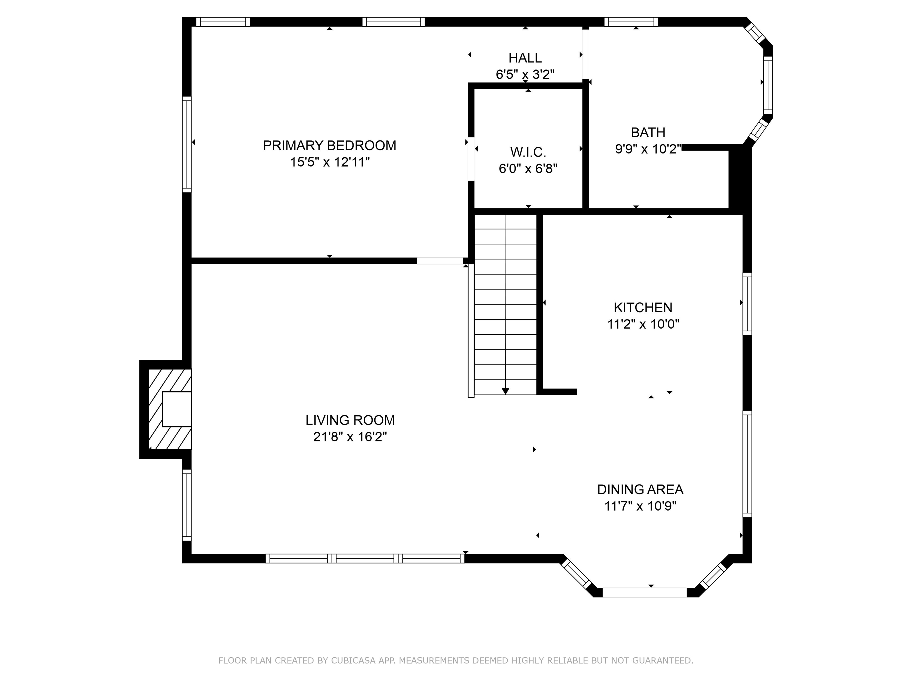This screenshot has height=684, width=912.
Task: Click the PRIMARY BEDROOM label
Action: [330, 145]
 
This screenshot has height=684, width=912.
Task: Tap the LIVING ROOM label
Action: [350, 420]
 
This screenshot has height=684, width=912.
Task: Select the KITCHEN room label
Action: [643, 308]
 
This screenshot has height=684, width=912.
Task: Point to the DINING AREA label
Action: [640, 489]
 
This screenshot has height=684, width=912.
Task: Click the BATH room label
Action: [648, 132]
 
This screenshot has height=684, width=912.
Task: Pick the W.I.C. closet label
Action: [528, 152]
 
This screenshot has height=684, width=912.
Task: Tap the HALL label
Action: [525, 58]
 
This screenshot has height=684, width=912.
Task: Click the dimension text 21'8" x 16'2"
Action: [350, 437]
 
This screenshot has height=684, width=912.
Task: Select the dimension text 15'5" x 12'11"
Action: [330, 162]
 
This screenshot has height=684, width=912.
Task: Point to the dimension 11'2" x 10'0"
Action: [643, 324]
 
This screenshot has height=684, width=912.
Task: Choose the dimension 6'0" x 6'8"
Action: [528, 169]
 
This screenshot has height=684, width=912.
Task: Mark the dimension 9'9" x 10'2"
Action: [648, 149]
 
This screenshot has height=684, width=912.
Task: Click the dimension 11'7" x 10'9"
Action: [640, 506]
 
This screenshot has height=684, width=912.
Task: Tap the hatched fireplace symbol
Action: [170, 409]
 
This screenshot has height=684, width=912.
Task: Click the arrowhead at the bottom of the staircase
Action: [506, 391]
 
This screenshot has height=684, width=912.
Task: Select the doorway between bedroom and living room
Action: [440, 261]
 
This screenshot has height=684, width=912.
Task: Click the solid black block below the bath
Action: [740, 179]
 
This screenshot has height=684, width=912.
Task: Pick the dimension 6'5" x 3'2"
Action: [525, 74]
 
